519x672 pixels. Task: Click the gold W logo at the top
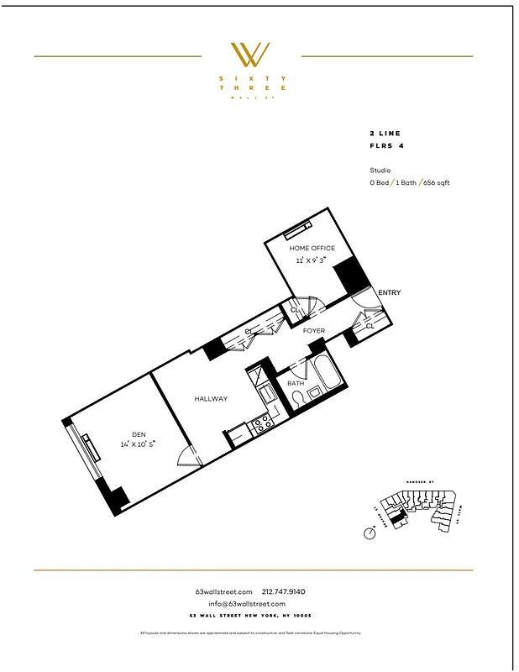(x=251, y=55)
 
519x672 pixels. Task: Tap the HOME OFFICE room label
(x=312, y=249)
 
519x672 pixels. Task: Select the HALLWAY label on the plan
(x=211, y=399)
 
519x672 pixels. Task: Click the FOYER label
(x=314, y=332)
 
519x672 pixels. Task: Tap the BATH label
(x=296, y=383)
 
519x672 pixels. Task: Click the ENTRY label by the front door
(x=390, y=293)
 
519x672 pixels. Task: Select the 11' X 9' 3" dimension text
(x=312, y=260)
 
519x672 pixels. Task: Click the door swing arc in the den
(x=190, y=455)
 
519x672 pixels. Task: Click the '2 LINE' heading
(x=385, y=134)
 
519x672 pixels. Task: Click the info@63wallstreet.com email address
(x=247, y=604)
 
